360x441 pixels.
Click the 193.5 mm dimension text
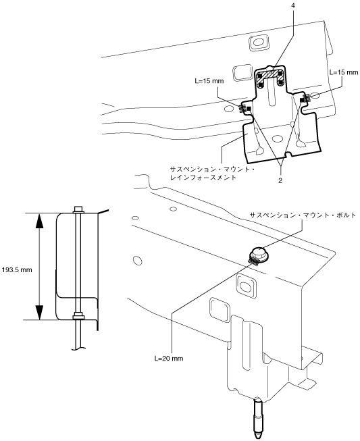pyautogui.click(x=17, y=270)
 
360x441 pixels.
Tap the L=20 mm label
pyautogui.click(x=169, y=359)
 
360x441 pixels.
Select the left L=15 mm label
pyautogui.click(x=209, y=81)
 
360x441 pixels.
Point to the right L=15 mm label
pyautogui.click(x=344, y=72)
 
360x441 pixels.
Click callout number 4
pyautogui.click(x=294, y=5)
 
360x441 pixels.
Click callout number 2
pyautogui.click(x=280, y=180)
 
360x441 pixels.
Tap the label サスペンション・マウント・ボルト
pyautogui.click(x=303, y=215)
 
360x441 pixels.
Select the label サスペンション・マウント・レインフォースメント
pyautogui.click(x=212, y=174)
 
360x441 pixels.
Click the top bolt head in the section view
pyautogui.click(x=78, y=209)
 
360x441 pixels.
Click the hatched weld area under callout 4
pyautogui.click(x=271, y=76)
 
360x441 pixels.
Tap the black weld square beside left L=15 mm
pyautogui.click(x=249, y=109)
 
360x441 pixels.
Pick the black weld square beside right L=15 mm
pyautogui.click(x=303, y=99)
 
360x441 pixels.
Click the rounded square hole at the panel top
pyautogui.click(x=259, y=43)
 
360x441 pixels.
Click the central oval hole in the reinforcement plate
pyautogui.click(x=278, y=138)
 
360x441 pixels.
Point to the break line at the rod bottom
pyautogui.click(x=78, y=348)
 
